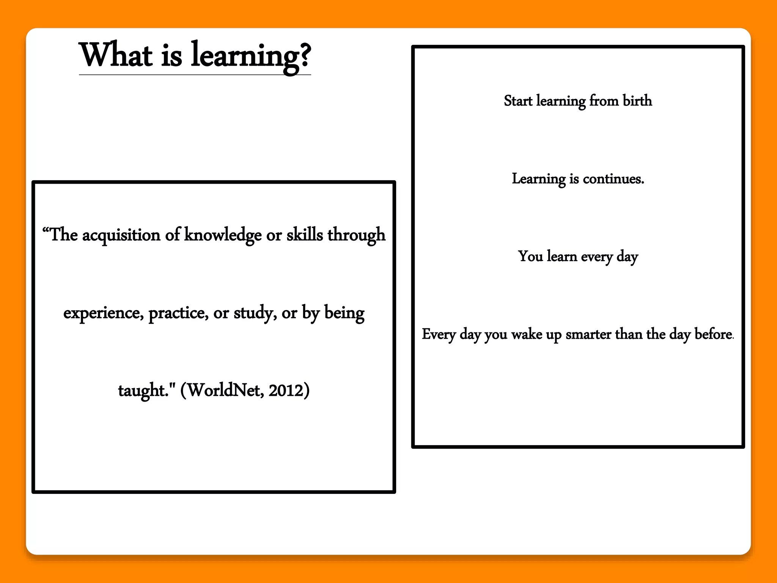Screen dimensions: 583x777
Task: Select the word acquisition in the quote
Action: (121, 235)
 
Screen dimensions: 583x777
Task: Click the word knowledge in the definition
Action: (223, 235)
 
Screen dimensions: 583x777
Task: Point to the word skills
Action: (304, 235)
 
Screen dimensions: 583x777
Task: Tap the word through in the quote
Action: (357, 235)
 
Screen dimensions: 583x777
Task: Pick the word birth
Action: (637, 101)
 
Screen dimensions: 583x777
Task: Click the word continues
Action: (613, 179)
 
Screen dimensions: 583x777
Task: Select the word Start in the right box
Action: (518, 101)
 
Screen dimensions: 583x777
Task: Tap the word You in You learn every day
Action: (530, 257)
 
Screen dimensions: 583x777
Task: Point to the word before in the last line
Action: (713, 334)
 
